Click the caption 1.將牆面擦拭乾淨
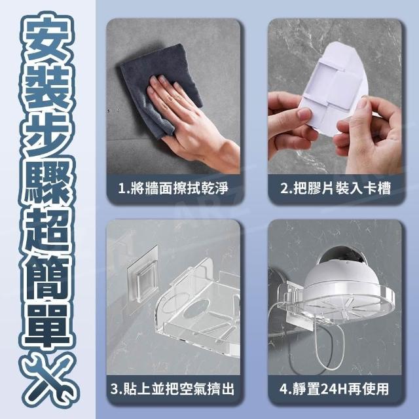click(173, 188)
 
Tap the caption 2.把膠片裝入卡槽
click(335, 188)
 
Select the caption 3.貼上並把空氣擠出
click(172, 389)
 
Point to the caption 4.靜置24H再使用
click(334, 389)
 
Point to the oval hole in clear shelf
click(197, 308)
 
